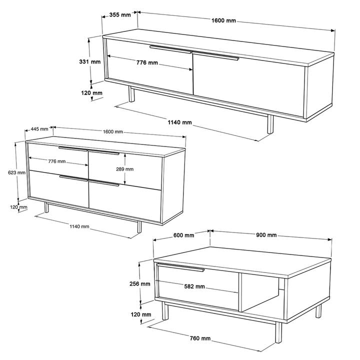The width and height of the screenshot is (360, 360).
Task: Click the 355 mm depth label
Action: pos(120,15)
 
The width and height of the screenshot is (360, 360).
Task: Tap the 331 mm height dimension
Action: pos(90,61)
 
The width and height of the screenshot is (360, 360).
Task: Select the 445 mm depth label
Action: pos(39,129)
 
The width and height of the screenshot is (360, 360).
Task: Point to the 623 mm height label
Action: pos(16,172)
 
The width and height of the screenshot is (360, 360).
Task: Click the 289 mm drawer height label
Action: pos(124,169)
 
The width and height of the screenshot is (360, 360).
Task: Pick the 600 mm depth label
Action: pos(183,235)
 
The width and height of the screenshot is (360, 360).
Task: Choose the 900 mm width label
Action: pos(266,235)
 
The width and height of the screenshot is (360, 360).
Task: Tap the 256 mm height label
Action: pos(140,284)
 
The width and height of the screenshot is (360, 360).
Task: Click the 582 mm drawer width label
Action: pos(194,286)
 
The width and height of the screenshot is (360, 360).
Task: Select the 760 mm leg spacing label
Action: pos(200,338)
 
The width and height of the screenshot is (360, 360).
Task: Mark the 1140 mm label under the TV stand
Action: pos(179,122)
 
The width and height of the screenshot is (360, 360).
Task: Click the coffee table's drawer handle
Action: pos(180,267)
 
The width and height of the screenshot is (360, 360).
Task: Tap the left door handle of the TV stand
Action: pos(170,49)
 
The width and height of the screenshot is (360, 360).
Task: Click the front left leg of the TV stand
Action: pos(131,94)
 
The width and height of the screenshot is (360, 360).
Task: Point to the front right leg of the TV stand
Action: pos(270,124)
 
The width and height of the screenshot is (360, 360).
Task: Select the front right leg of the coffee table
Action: pos(278,332)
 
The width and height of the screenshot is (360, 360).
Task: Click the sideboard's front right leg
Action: pos(139,227)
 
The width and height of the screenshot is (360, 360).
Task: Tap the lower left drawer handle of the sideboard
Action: pos(73,178)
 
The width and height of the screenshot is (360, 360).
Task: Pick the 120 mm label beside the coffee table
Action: pos(141,314)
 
